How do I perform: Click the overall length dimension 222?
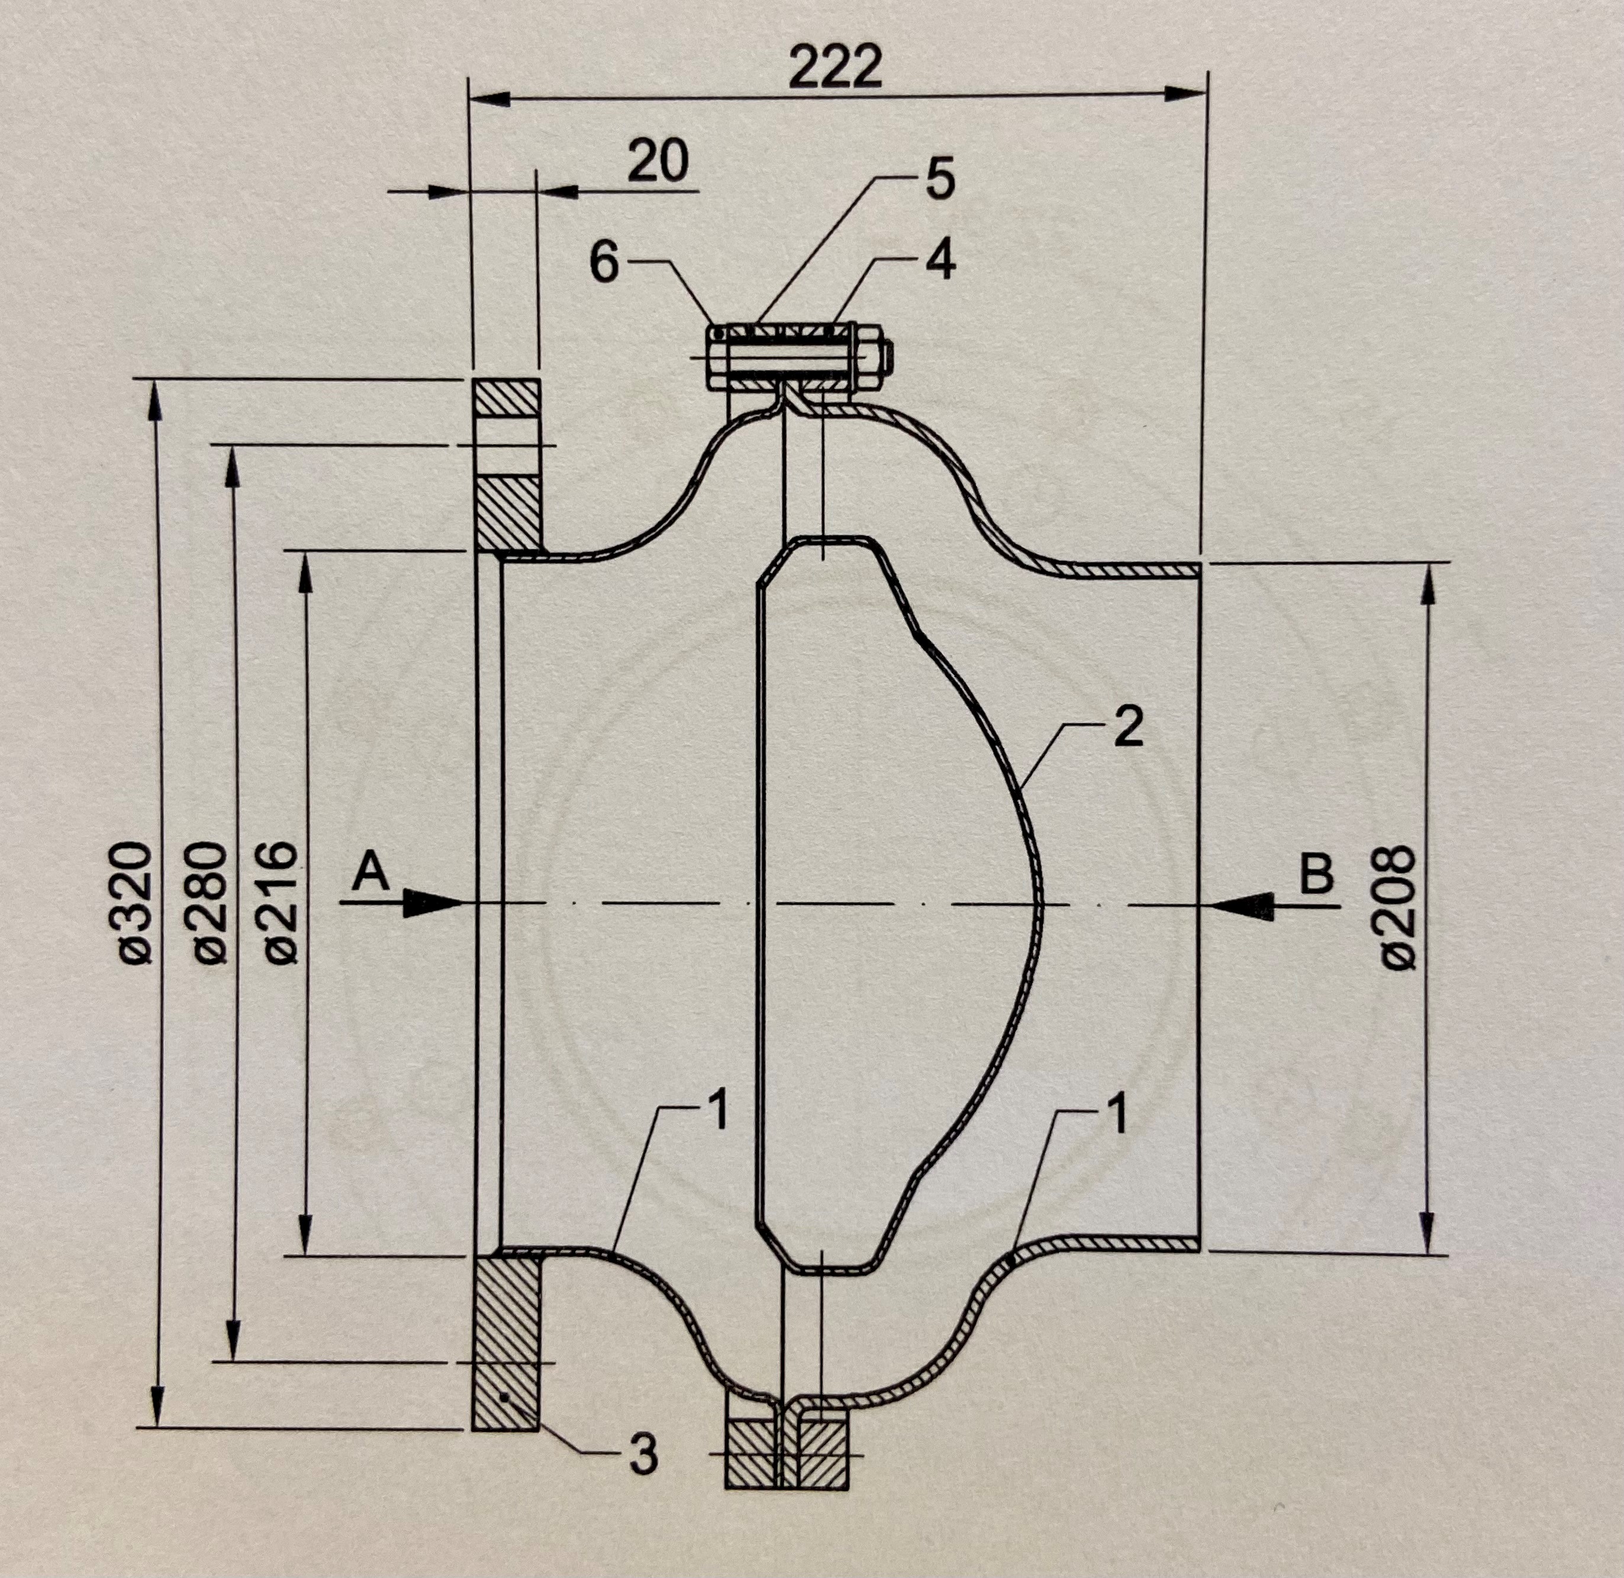(835, 68)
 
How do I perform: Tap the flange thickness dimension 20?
(658, 161)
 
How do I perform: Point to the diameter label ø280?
(209, 903)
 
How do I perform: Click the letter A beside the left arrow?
(370, 873)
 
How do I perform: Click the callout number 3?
(643, 1454)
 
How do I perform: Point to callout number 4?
(940, 260)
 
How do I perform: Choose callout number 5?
(939, 180)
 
